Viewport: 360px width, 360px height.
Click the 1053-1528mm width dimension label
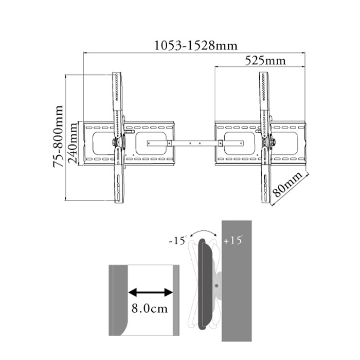pyautogui.click(x=196, y=45)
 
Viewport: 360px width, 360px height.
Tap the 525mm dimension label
pyautogui.click(x=265, y=61)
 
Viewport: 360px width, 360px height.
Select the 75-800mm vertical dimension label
pyautogui.click(x=58, y=136)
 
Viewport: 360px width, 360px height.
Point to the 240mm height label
pyautogui.click(x=73, y=143)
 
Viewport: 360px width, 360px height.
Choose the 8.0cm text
pyautogui.click(x=150, y=309)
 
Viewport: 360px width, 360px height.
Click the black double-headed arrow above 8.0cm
pyautogui.click(x=150, y=293)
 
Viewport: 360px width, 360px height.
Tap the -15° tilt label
pyautogui.click(x=177, y=240)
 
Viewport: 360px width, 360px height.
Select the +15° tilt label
pyautogui.click(x=233, y=240)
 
